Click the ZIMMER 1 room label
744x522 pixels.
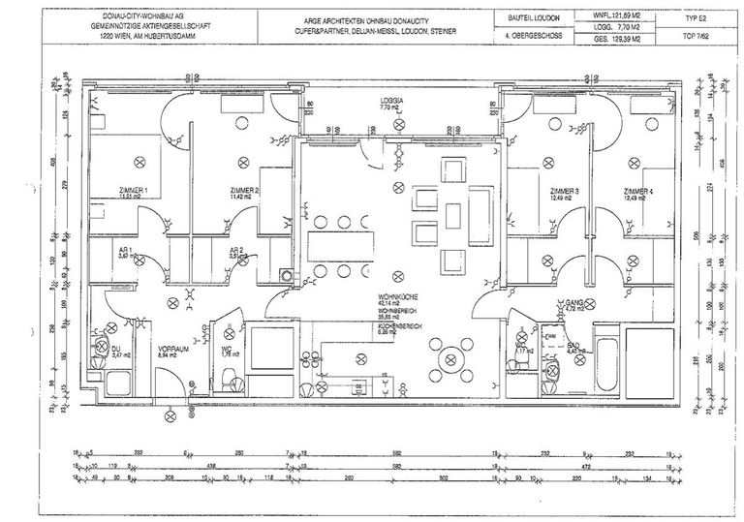coord(132,191)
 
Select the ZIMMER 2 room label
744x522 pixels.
coord(244,191)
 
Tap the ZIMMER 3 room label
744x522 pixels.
coord(564,192)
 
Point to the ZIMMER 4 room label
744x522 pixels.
coord(638,192)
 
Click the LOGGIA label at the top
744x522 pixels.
coord(392,102)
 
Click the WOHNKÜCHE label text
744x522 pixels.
coord(397,300)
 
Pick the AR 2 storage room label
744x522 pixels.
coord(234,250)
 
